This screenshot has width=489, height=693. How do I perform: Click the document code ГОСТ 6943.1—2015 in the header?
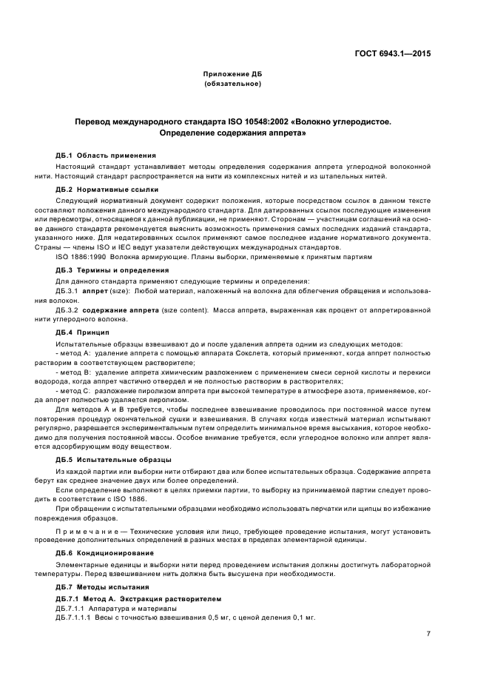point(394,53)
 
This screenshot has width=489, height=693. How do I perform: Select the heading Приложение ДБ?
point(232,75)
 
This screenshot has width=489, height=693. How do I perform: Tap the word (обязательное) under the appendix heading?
point(232,84)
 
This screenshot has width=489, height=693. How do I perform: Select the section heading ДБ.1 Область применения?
point(106,155)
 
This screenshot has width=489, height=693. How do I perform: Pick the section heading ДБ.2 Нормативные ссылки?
point(107,190)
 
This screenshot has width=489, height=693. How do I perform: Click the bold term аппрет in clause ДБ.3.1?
point(95,292)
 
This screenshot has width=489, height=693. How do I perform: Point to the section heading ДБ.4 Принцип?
point(82,333)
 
